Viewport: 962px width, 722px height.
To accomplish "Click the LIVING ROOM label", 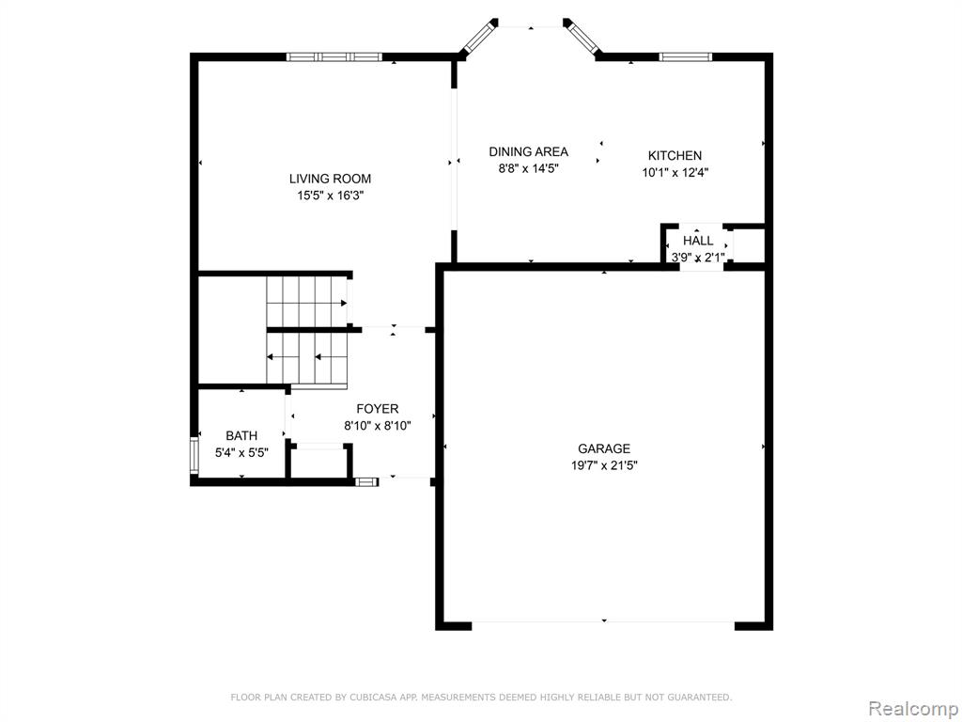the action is pos(330,179).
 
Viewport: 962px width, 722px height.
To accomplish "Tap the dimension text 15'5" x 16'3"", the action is pos(330,196).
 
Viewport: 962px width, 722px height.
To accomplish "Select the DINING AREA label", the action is pos(528,151).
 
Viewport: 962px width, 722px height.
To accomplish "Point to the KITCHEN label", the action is pos(675,156).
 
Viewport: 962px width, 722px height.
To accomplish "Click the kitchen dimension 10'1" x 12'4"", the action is pos(675,173).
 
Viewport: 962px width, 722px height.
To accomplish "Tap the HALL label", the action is pos(698,241).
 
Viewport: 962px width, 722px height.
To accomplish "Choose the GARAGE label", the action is pos(604,448).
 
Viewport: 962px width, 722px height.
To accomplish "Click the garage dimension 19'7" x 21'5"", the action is pos(604,466).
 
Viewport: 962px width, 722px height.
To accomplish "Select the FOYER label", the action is pos(378,409).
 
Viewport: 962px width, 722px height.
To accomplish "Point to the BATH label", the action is pos(241,436).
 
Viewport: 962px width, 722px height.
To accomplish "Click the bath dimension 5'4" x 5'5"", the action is pos(241,453).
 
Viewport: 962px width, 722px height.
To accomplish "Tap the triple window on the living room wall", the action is pos(334,57).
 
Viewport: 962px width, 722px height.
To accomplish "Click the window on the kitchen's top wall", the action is pos(686,57).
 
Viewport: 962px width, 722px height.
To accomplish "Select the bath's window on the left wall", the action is pos(194,455).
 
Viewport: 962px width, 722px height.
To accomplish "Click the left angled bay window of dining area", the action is pos(478,37).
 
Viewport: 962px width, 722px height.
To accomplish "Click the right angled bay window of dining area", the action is pos(582,37).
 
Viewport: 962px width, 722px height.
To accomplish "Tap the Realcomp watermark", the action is pos(912,709).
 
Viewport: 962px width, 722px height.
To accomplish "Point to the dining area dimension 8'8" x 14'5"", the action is pos(528,169).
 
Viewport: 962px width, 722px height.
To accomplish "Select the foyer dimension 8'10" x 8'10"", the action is pos(378,426).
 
